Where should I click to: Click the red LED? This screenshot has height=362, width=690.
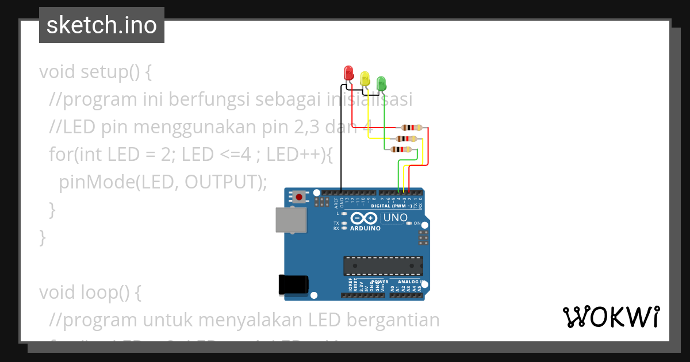coord(348,73)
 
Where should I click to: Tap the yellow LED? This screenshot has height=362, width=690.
coord(365,79)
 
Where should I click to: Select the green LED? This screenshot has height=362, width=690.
coord(381,84)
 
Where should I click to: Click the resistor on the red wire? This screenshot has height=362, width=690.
coord(412,128)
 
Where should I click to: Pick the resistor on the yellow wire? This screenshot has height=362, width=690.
coord(406,138)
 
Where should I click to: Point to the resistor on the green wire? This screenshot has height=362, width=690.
coord(400,149)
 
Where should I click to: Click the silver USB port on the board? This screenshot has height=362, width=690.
coord(291,219)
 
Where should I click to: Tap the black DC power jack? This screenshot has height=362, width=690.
coord(293,285)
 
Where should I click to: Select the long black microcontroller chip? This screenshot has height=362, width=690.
coord(383,266)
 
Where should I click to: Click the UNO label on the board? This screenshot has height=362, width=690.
coord(395,218)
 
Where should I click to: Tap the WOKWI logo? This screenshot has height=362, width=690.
coord(611,317)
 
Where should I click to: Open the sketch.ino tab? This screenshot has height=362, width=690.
coord(102,25)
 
